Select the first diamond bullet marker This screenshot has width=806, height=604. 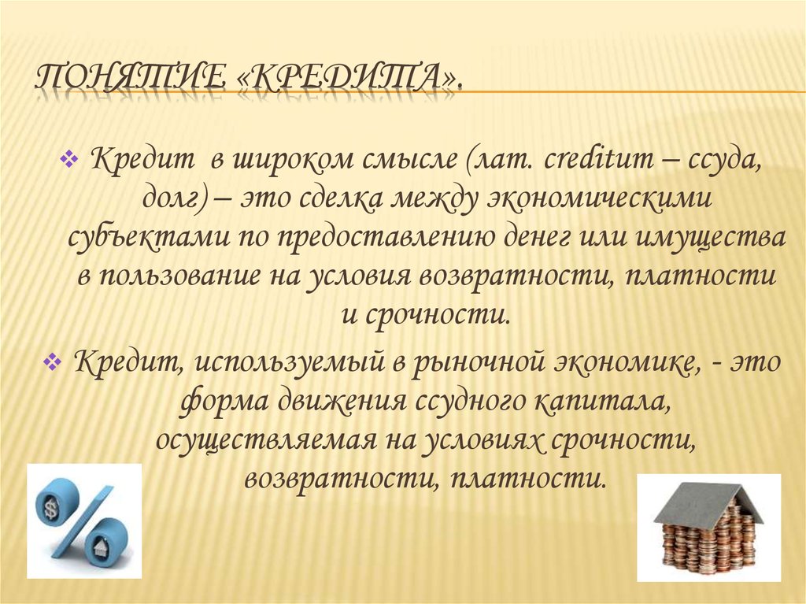pyautogui.click(x=67, y=161)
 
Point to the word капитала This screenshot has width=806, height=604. pyautogui.click(x=604, y=402)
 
